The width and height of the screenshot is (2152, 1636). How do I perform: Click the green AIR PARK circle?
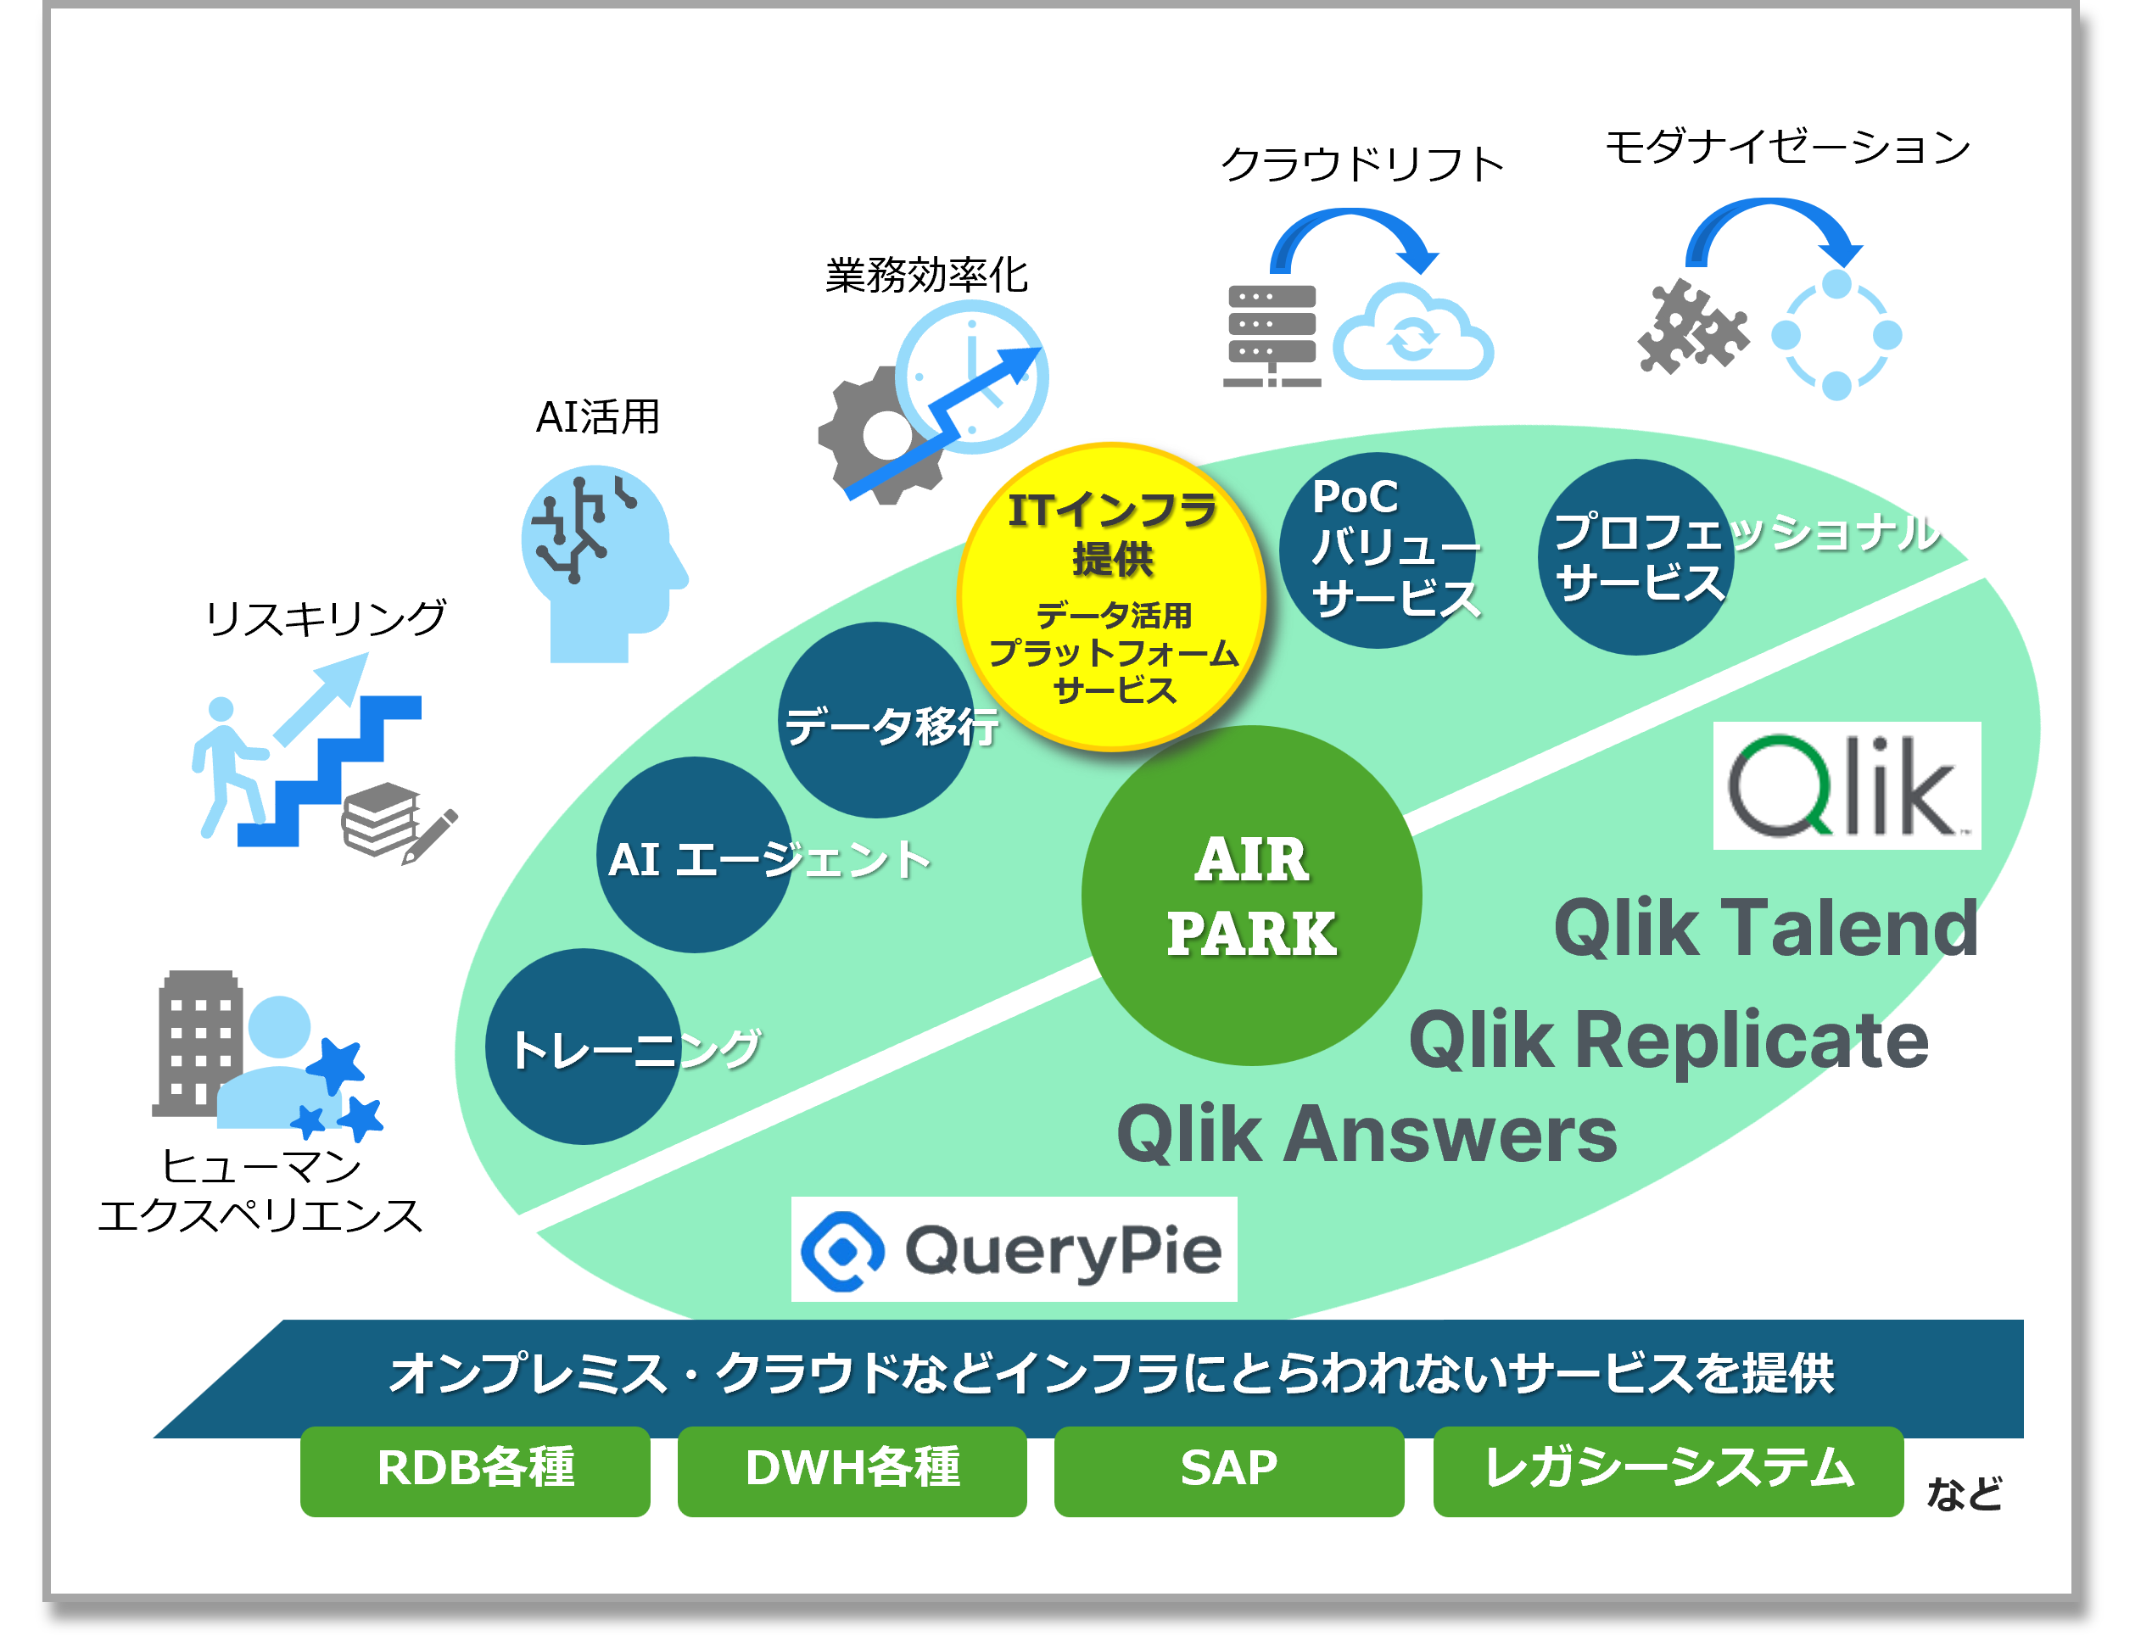[x=1251, y=895]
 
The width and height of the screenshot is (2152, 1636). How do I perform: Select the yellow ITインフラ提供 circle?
[x=1111, y=597]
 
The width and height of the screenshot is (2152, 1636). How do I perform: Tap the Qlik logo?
[x=1847, y=786]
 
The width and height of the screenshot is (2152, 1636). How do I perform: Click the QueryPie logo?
[x=1014, y=1249]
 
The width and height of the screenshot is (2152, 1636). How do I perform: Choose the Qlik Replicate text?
[x=1668, y=1040]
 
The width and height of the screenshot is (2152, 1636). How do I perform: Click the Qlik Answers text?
[x=1367, y=1135]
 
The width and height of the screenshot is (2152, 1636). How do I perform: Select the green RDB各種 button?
[x=475, y=1470]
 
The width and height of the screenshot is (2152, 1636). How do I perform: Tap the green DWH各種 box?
[x=852, y=1470]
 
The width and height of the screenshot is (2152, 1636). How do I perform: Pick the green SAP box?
[x=1229, y=1470]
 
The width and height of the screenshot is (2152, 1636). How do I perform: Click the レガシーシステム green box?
[x=1668, y=1470]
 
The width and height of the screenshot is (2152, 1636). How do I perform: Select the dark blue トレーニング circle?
[x=584, y=1047]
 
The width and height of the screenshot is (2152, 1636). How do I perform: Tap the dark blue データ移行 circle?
[x=876, y=721]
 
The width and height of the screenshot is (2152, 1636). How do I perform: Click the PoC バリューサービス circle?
[x=1378, y=550]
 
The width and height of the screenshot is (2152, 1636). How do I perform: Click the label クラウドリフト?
[x=1361, y=165]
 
